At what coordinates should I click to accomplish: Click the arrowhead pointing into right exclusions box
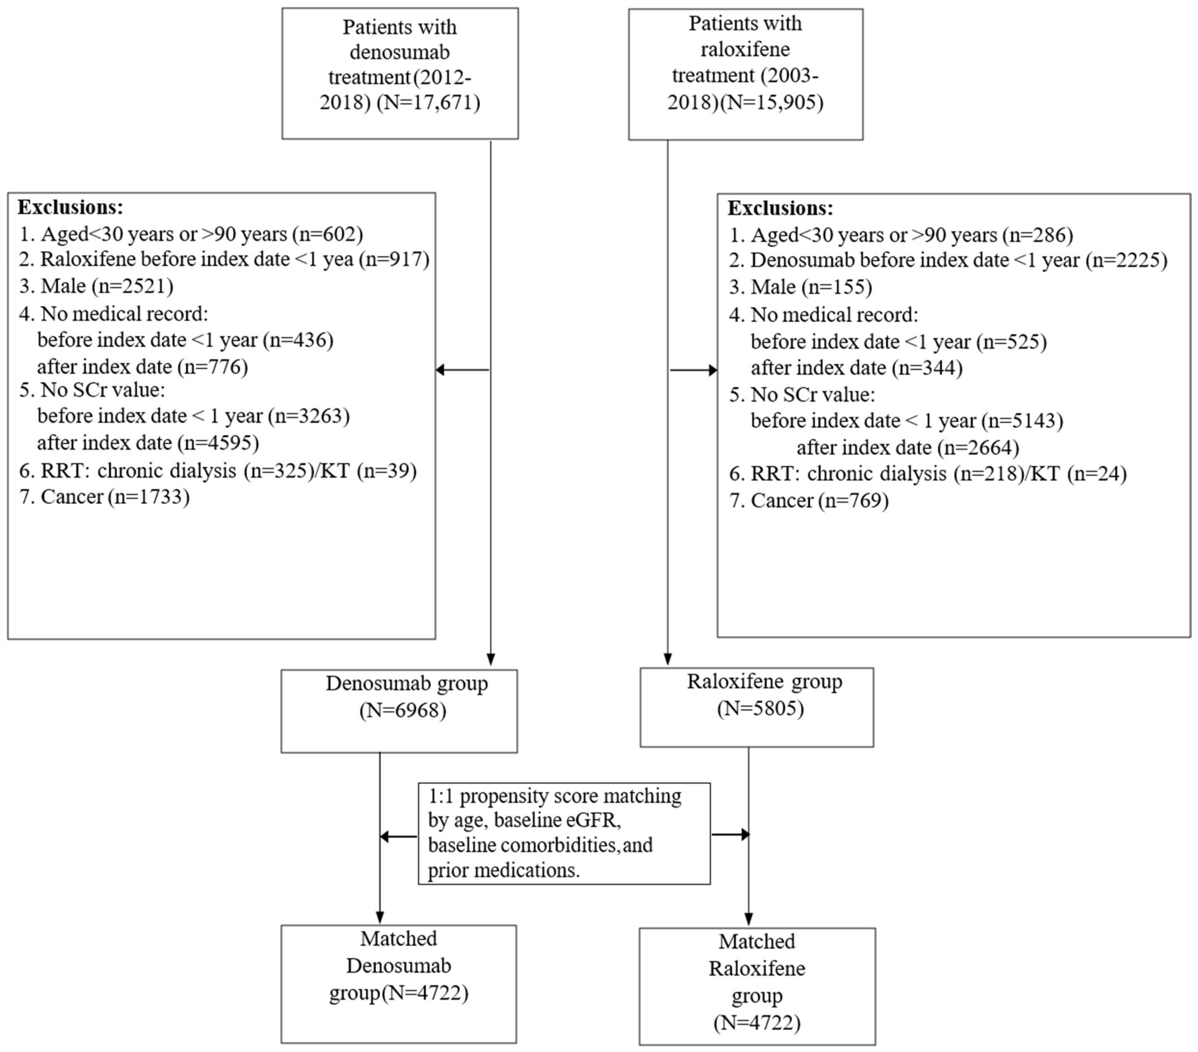(x=713, y=370)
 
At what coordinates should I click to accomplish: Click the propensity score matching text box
(x=564, y=833)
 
